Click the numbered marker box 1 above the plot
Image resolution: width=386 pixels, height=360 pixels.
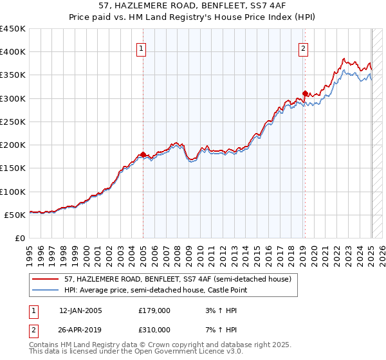(x=140, y=47)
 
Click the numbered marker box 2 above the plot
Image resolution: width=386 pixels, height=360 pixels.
(x=303, y=47)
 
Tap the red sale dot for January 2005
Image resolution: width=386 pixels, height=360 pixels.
(x=143, y=154)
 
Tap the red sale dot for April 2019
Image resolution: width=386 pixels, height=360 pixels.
(x=305, y=93)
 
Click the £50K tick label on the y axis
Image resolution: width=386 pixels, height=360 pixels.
(x=15, y=215)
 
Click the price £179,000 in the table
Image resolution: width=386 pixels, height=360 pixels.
(x=154, y=310)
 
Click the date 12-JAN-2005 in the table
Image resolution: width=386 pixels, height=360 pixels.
(x=80, y=310)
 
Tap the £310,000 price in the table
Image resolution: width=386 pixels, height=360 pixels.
(x=154, y=329)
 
